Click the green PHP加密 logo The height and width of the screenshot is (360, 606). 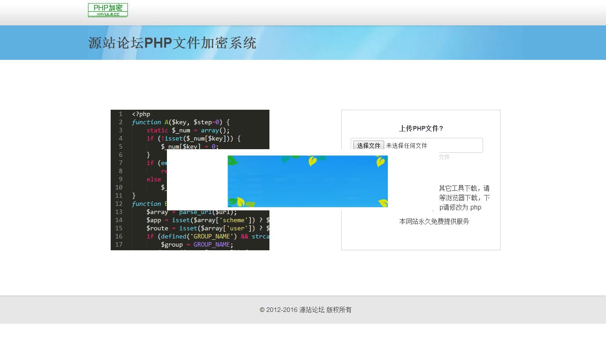tap(108, 10)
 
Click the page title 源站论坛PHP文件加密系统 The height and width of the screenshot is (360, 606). tap(172, 43)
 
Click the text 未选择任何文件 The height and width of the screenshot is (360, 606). tap(406, 146)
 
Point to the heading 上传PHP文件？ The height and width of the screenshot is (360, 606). tap(421, 128)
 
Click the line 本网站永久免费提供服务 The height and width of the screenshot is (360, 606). tap(434, 221)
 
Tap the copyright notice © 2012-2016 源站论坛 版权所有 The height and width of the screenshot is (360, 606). tap(305, 310)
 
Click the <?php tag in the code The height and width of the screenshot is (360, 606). tap(141, 114)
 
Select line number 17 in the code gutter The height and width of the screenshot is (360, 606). tap(119, 244)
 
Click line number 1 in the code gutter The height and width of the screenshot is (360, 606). tap(120, 114)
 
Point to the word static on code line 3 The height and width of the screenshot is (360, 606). tap(157, 130)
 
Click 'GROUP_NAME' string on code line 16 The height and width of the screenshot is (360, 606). tap(212, 236)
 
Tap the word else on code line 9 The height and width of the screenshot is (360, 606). tap(154, 179)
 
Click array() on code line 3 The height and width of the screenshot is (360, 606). tap(215, 130)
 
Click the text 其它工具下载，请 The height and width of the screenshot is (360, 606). tap(464, 188)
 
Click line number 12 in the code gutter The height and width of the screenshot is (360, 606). tap(119, 204)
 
